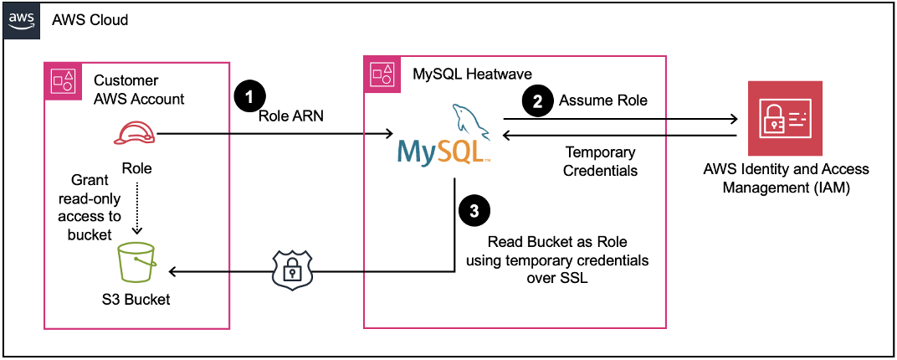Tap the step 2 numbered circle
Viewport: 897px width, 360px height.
pos(536,100)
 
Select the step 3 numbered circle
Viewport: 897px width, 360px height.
pos(474,211)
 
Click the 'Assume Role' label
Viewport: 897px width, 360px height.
pos(602,100)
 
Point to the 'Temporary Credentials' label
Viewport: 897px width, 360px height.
pos(600,162)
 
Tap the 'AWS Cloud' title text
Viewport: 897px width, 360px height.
pos(90,18)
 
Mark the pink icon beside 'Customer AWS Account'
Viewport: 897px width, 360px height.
pos(63,80)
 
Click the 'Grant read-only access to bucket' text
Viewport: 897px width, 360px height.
pos(94,208)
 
